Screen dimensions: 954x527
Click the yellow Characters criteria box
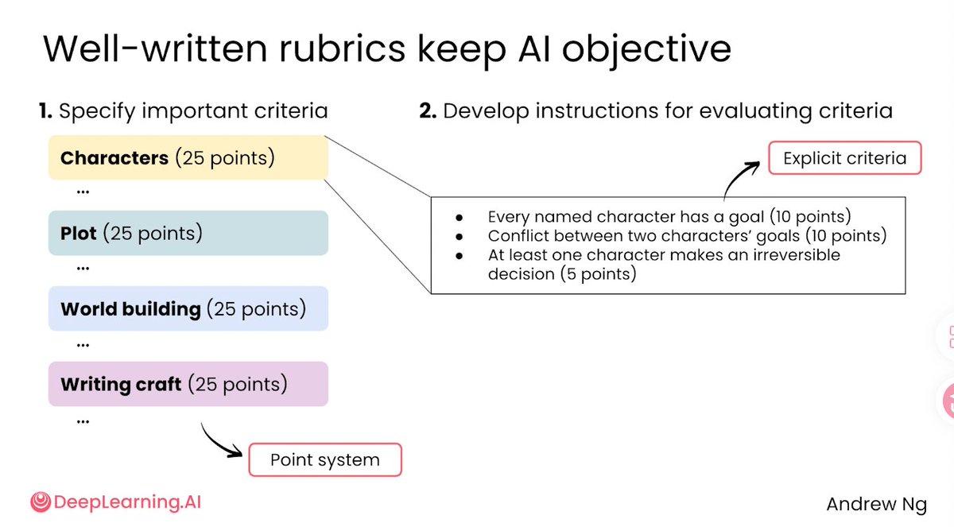pyautogui.click(x=188, y=157)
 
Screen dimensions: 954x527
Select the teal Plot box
pyautogui.click(x=188, y=233)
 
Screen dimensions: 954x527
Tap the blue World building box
pyautogui.click(x=188, y=308)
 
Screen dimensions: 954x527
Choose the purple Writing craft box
pyautogui.click(x=188, y=384)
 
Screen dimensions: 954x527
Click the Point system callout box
pyautogui.click(x=325, y=459)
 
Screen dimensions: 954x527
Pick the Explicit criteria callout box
pyautogui.click(x=845, y=158)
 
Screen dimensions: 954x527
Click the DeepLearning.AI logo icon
pyautogui.click(x=41, y=502)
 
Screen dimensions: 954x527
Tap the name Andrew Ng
pyautogui.click(x=876, y=505)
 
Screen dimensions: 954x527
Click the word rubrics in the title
pyautogui.click(x=342, y=48)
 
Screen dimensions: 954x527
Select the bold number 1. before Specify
pyautogui.click(x=45, y=110)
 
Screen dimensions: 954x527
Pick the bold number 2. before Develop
pyautogui.click(x=428, y=110)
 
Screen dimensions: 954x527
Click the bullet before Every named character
pyautogui.click(x=460, y=218)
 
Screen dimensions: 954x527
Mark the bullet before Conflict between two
pyautogui.click(x=460, y=237)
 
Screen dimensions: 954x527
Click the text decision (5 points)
pyautogui.click(x=562, y=273)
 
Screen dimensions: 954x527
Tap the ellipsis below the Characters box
pyautogui.click(x=83, y=192)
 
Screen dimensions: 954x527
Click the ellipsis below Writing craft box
pyautogui.click(x=83, y=422)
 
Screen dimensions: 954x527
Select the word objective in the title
pyautogui.click(x=646, y=50)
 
